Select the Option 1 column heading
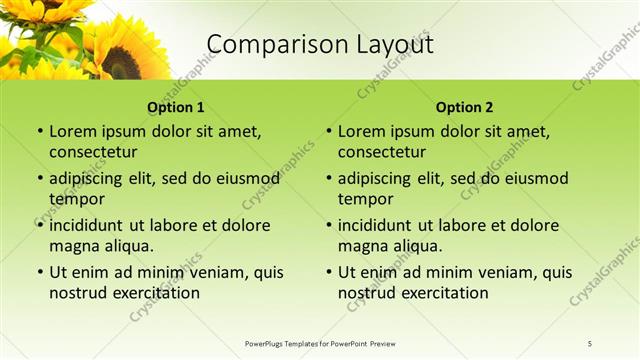(176, 107)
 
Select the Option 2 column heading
(465, 107)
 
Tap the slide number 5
(590, 343)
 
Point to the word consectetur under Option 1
(93, 152)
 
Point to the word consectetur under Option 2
(382, 152)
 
